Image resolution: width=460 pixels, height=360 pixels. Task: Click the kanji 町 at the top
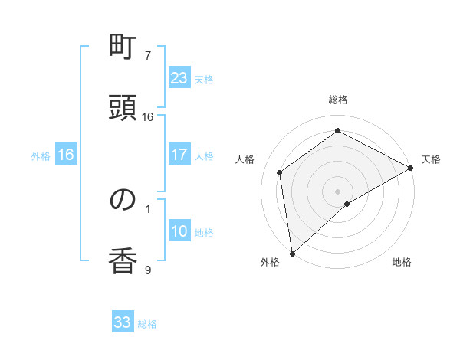(x=123, y=47)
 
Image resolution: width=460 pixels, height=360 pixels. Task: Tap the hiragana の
(x=123, y=200)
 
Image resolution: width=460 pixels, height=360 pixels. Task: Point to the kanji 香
(x=123, y=260)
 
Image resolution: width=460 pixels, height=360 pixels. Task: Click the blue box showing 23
(x=179, y=78)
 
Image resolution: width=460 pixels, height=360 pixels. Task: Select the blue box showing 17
(x=179, y=155)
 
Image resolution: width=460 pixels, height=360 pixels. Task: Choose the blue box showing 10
(x=179, y=231)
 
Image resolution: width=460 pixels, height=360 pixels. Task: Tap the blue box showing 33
(x=123, y=322)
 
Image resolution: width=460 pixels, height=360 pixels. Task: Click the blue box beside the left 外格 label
(x=65, y=155)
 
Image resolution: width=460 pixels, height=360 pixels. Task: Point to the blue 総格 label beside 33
(x=147, y=324)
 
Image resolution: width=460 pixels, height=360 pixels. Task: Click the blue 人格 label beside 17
(x=204, y=156)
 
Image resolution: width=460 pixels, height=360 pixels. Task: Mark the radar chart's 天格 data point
(x=411, y=168)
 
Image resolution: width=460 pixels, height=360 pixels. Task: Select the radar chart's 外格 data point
(x=292, y=253)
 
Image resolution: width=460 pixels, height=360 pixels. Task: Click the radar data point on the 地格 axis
(x=347, y=204)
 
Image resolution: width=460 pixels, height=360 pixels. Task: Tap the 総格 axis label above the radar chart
(x=338, y=100)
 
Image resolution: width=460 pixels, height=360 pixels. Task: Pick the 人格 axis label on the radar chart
(x=245, y=159)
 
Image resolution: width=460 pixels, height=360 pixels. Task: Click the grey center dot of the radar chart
(x=338, y=191)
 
